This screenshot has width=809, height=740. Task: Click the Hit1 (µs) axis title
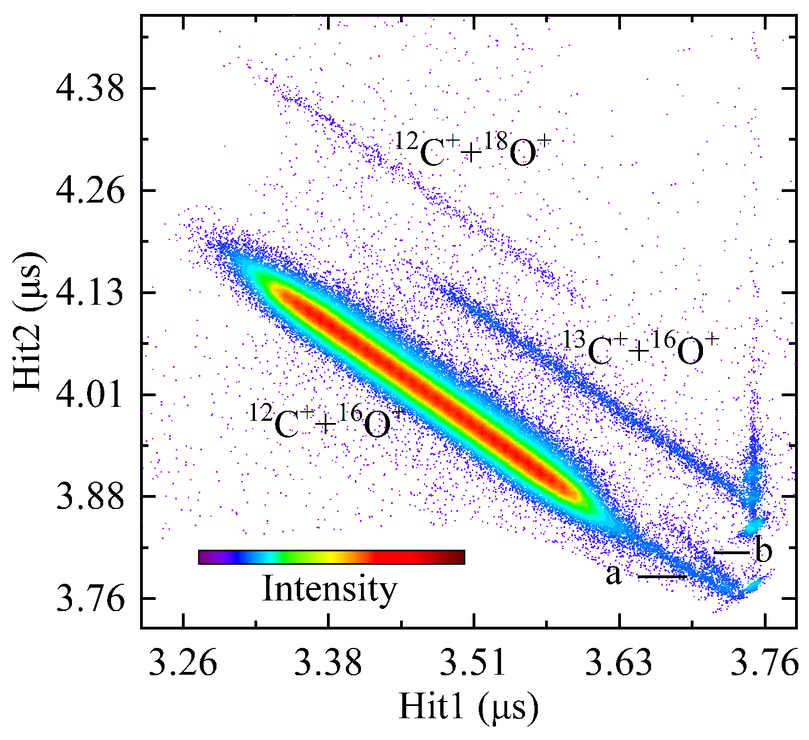[469, 708]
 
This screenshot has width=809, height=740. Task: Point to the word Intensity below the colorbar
[329, 589]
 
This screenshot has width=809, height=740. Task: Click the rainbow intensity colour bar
[331, 557]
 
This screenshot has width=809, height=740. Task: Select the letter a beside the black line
[614, 575]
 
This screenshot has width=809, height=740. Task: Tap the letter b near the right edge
[763, 551]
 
